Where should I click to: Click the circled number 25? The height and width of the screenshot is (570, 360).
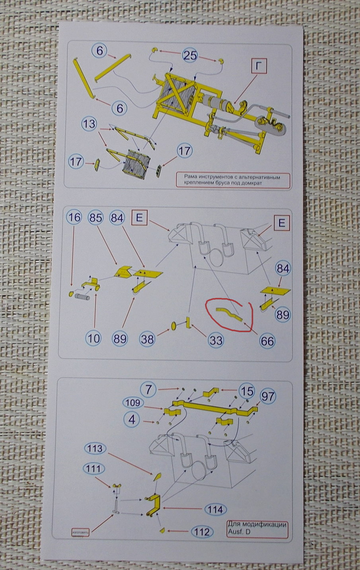click(x=190, y=55)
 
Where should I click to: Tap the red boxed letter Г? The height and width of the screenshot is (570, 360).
click(x=259, y=66)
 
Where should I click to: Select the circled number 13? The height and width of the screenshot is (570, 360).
click(x=90, y=124)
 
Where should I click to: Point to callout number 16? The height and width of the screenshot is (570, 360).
click(x=74, y=218)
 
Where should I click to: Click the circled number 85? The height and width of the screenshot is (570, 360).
click(x=96, y=218)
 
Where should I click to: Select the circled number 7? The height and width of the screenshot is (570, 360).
click(x=148, y=390)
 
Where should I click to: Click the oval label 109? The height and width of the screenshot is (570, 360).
click(x=132, y=403)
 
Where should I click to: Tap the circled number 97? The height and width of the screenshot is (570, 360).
click(x=267, y=396)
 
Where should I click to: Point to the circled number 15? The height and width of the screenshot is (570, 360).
click(x=246, y=391)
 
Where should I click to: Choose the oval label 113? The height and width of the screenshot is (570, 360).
click(x=93, y=449)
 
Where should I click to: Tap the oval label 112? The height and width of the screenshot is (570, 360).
click(x=202, y=531)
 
